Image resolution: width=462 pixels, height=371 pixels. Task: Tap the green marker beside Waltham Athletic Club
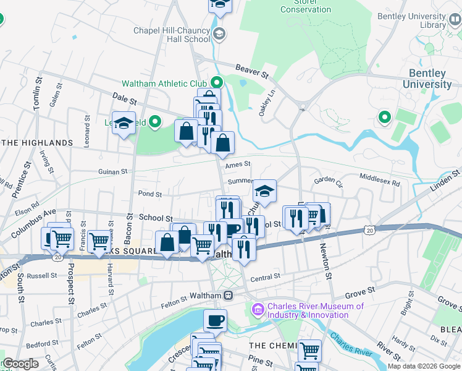tap(217, 82)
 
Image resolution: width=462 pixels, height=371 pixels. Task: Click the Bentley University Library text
tap(411, 20)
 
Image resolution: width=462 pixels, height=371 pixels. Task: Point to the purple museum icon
tap(258, 308)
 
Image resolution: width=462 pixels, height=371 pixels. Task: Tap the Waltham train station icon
tap(228, 296)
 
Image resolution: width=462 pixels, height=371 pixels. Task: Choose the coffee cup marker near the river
tap(215, 320)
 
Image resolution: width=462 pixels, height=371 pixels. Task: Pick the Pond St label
tap(150, 194)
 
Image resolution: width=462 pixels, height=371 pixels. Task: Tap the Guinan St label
tap(112, 171)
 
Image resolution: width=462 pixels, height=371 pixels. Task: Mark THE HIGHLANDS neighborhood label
tap(37, 143)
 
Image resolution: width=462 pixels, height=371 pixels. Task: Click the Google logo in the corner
tap(20, 364)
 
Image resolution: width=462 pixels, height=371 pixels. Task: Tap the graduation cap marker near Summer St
tap(264, 191)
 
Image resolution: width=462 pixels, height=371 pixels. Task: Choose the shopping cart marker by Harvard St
tap(99, 241)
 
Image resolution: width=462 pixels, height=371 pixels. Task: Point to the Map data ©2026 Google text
tap(424, 366)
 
